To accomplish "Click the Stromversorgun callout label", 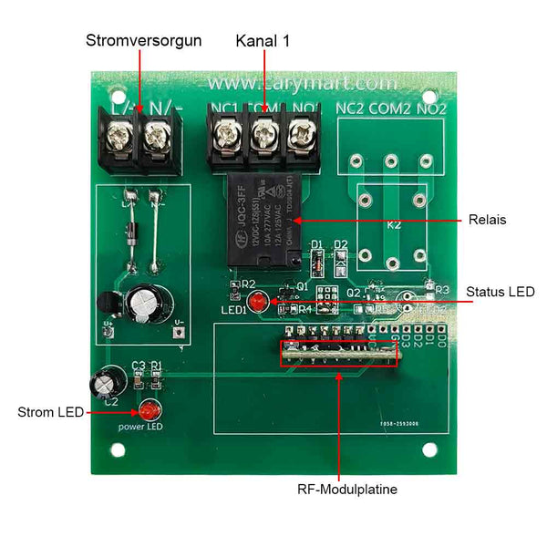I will tap(143, 41).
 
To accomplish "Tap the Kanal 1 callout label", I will tap(263, 41).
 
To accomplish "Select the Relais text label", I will tap(487, 220).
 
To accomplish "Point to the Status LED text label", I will tap(501, 292).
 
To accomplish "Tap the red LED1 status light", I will tap(257, 301).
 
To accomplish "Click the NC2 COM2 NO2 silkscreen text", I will tap(391, 108).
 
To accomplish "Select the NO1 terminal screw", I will tap(301, 137).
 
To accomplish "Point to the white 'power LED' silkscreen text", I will tap(140, 427).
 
